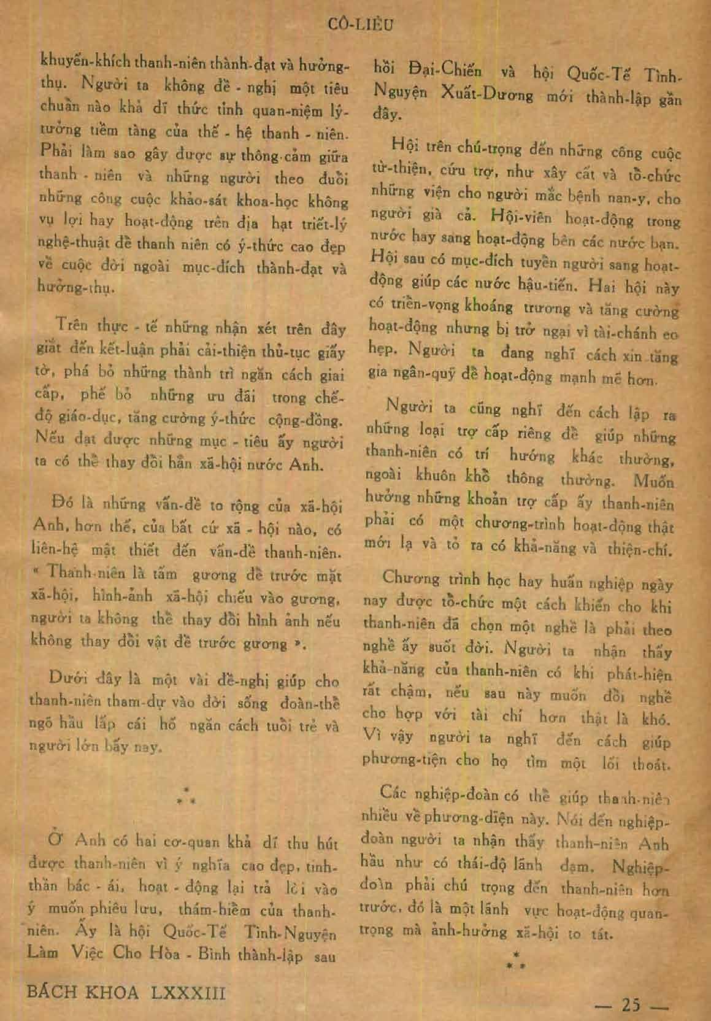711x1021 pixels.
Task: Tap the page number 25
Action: click(x=631, y=1005)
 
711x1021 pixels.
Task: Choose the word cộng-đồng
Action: click(x=305, y=421)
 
